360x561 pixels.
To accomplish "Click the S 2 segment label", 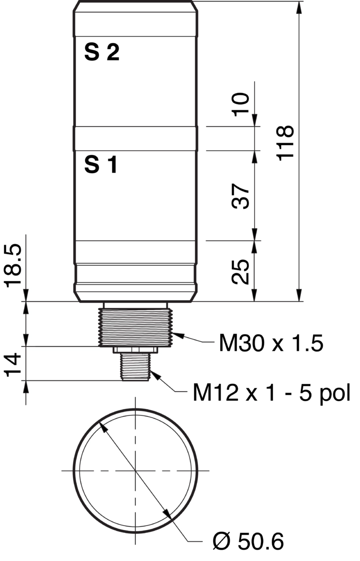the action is pyautogui.click(x=102, y=53).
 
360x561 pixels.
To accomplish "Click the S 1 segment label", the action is pyautogui.click(x=100, y=165).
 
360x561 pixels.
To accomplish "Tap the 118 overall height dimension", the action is pyautogui.click(x=286, y=143).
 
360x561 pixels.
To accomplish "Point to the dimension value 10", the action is pyautogui.click(x=241, y=104).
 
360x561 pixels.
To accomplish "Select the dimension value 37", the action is pyautogui.click(x=240, y=196).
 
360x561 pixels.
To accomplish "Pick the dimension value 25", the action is pyautogui.click(x=240, y=272).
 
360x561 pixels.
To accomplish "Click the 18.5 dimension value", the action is pyautogui.click(x=13, y=266).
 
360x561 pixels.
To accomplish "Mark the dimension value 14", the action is pyautogui.click(x=13, y=365).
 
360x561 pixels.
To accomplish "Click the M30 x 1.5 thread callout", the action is pyautogui.click(x=271, y=343).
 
